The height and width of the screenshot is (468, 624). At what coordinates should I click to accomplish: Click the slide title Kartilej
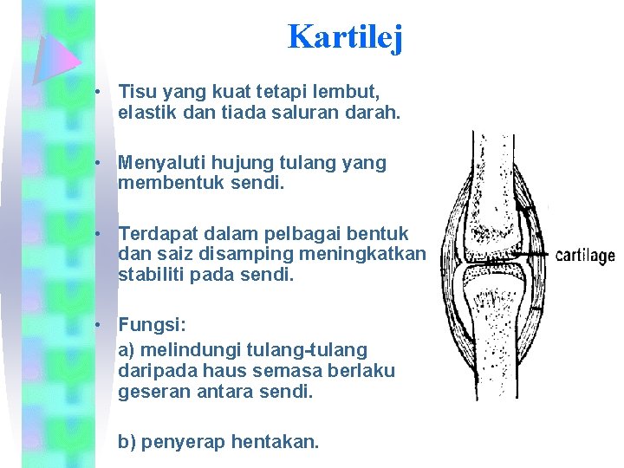point(344,36)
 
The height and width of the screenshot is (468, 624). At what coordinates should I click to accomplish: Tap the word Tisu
point(136,90)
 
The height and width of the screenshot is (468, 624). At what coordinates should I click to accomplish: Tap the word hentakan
point(282,442)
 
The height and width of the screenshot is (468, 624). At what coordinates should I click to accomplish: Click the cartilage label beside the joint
point(584,256)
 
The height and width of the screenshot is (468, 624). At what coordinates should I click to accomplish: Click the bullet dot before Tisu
point(101,91)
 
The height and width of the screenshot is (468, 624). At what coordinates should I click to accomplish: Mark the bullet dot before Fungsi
point(101,324)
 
